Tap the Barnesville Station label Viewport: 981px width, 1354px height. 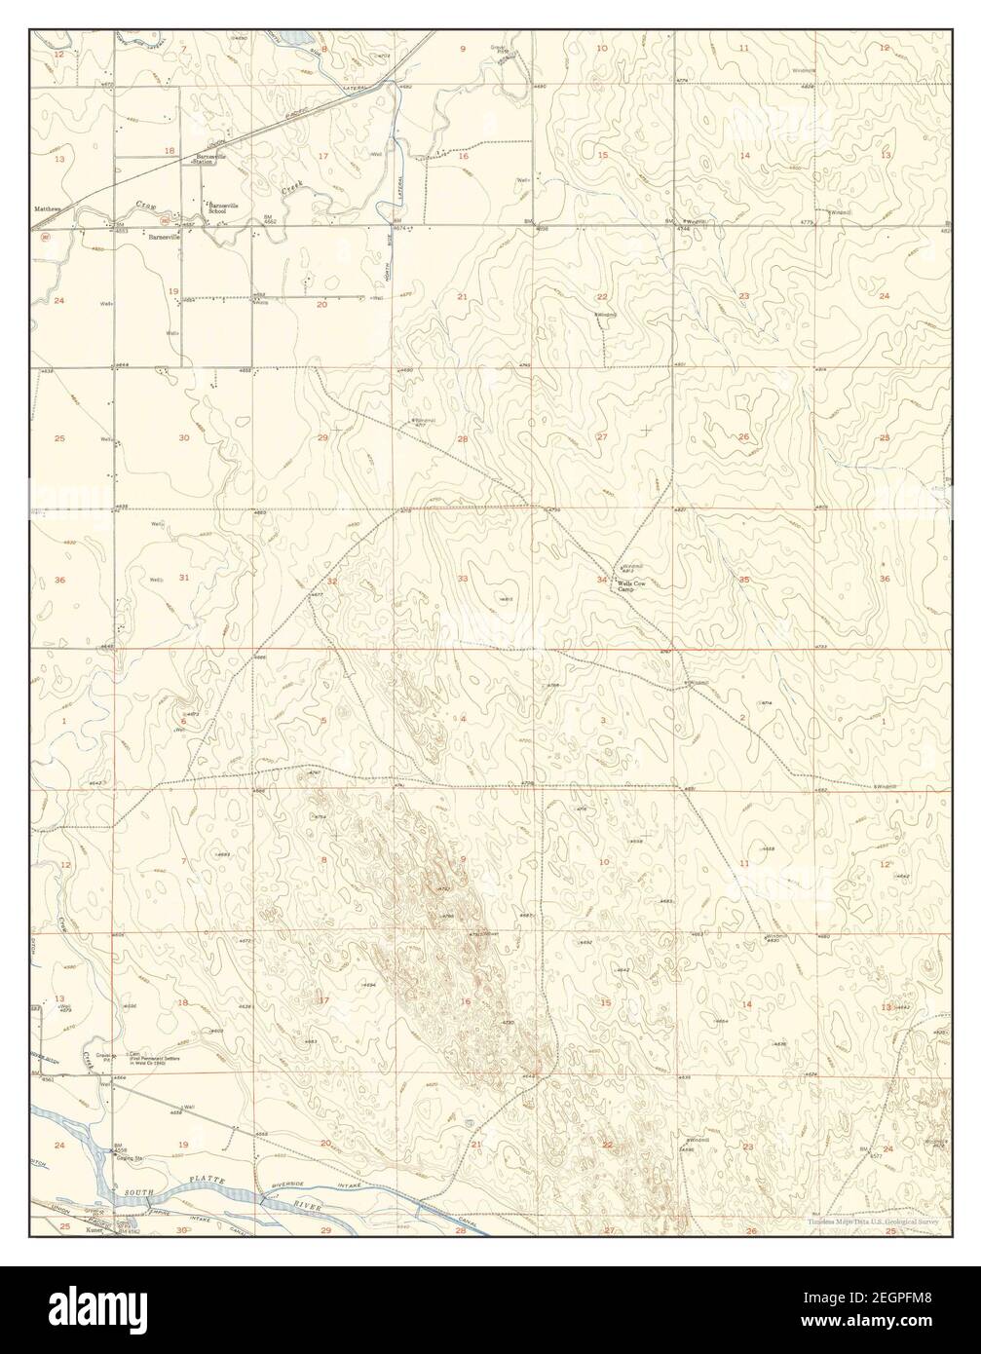point(210,159)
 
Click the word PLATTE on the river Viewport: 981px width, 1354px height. point(208,1183)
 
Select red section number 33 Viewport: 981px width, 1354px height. point(463,580)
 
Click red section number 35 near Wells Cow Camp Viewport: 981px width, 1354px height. point(744,580)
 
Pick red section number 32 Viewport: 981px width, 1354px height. point(332,582)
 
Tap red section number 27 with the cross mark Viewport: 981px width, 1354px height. point(602,436)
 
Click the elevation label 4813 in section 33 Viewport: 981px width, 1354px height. point(505,598)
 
